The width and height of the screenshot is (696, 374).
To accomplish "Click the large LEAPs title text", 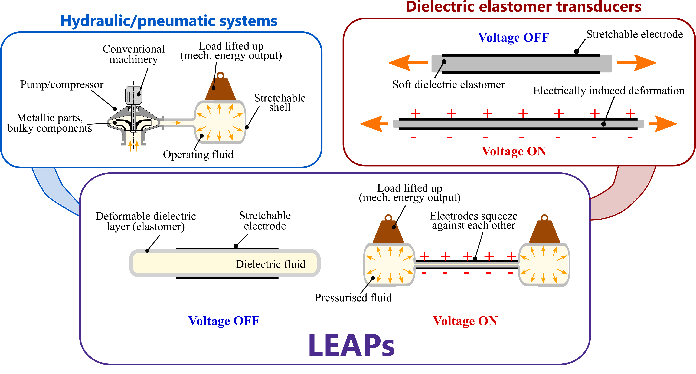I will click(x=351, y=346).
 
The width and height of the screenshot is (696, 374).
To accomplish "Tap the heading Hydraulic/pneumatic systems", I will click(x=169, y=21).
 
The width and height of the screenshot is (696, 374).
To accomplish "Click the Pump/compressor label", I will click(x=62, y=85).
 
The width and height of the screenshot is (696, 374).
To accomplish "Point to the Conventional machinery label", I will click(x=133, y=54).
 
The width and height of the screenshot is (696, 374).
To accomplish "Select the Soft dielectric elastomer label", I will click(x=449, y=85).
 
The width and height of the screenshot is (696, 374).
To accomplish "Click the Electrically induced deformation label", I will click(x=609, y=91).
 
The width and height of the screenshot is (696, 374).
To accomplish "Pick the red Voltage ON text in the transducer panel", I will click(x=514, y=151).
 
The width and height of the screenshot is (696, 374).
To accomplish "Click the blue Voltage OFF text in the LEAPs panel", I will click(x=224, y=321).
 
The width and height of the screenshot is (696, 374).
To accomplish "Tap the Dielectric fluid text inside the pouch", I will click(x=270, y=264).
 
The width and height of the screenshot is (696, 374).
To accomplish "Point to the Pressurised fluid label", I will click(x=353, y=298).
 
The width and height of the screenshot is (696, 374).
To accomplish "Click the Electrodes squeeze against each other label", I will click(x=473, y=221).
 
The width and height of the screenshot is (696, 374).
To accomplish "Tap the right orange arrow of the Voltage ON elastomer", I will click(x=663, y=124).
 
